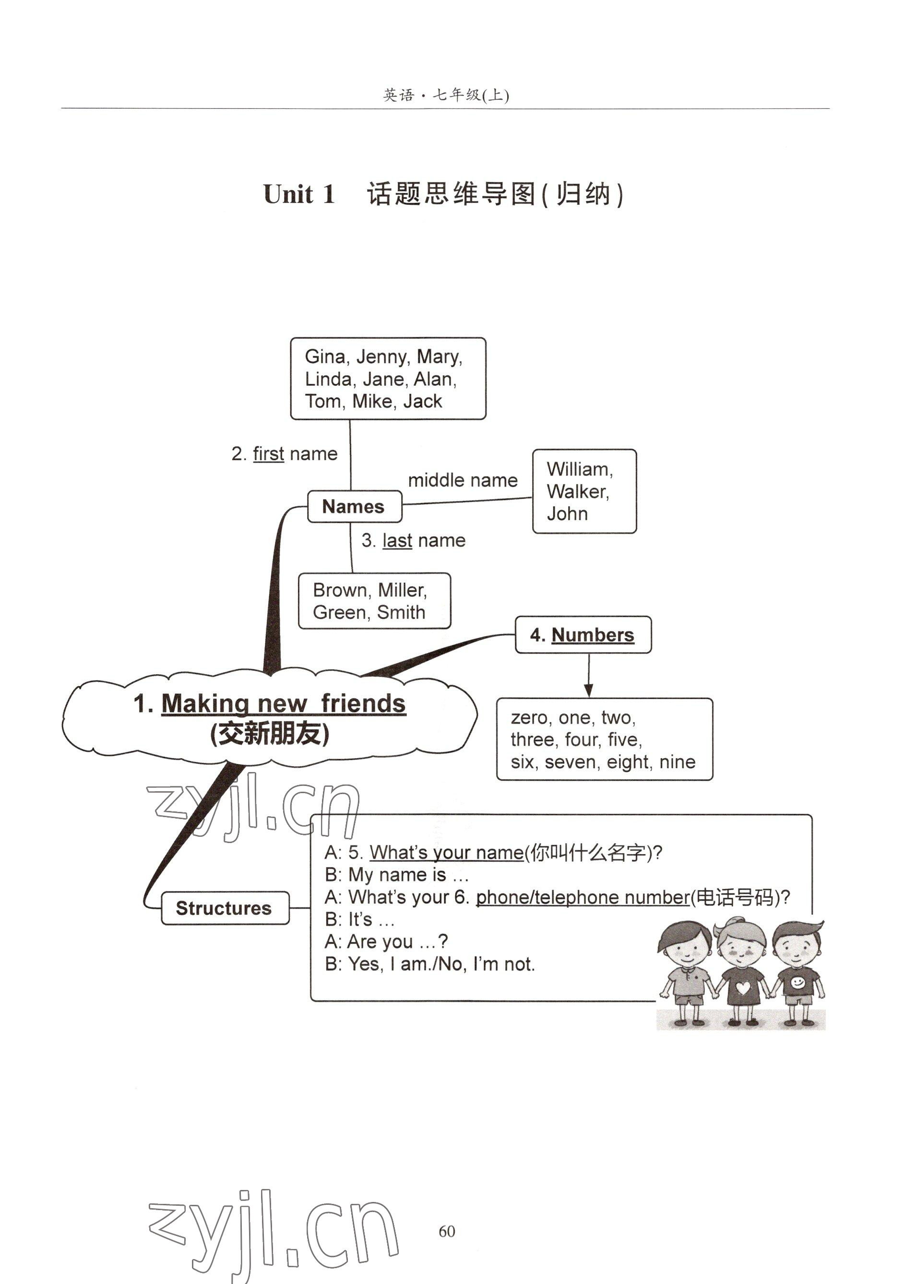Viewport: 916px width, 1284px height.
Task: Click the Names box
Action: (x=354, y=506)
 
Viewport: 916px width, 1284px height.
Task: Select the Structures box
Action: (x=225, y=908)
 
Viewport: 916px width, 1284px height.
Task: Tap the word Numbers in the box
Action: (x=592, y=635)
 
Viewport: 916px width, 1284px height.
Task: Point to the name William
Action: (x=578, y=469)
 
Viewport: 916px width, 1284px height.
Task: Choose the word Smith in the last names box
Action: (x=401, y=612)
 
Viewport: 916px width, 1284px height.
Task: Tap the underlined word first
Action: (x=269, y=454)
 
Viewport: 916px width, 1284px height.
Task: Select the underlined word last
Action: (x=397, y=541)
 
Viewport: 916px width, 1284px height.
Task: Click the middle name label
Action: (x=463, y=480)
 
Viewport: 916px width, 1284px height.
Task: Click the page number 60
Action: (x=447, y=1231)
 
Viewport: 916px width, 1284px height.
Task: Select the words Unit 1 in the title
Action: (x=299, y=194)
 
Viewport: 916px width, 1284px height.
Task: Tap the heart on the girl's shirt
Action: (x=743, y=988)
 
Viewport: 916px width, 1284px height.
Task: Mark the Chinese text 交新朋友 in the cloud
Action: (x=270, y=734)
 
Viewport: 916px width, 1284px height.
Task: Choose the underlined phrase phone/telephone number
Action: (x=583, y=897)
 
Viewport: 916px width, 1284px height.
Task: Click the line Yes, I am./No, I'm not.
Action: (x=430, y=964)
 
